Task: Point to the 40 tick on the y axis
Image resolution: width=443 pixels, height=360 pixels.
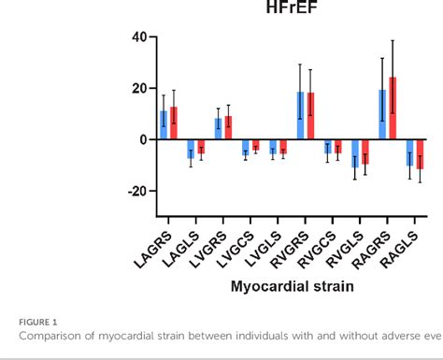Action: coord(138,37)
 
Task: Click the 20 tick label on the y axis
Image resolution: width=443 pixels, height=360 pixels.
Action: coord(138,89)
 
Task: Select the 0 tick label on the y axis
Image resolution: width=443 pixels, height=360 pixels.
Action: coord(143,139)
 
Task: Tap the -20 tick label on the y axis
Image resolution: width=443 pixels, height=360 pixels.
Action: coord(136,191)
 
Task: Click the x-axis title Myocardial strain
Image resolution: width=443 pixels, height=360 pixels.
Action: coord(292,286)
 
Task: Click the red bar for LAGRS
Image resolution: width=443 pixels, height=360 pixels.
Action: coord(173,123)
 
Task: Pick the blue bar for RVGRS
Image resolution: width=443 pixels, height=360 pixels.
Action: coord(300,116)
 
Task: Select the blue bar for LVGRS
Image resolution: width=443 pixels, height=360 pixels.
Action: coord(219,129)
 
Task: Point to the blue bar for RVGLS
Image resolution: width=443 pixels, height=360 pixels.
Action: coord(355,153)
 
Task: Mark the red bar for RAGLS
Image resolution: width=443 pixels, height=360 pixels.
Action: coord(419,154)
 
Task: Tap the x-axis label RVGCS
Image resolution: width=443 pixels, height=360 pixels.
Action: coord(322,244)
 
